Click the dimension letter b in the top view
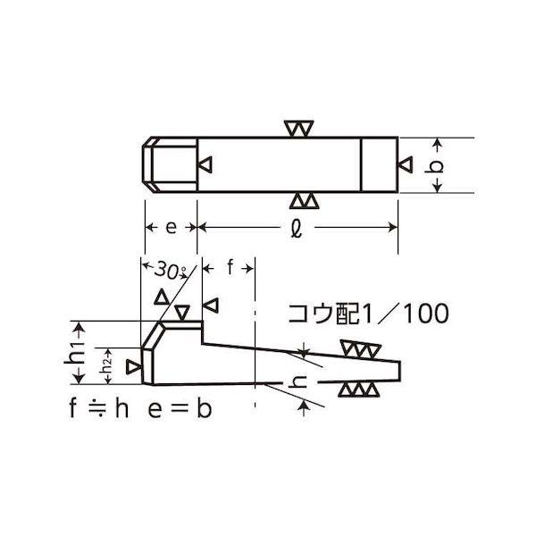pos(434,166)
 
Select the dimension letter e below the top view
pos(171,227)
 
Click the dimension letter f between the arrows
pos(230,267)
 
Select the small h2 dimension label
pos(107,365)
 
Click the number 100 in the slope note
pos(426,314)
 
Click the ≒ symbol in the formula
pos(98,408)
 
